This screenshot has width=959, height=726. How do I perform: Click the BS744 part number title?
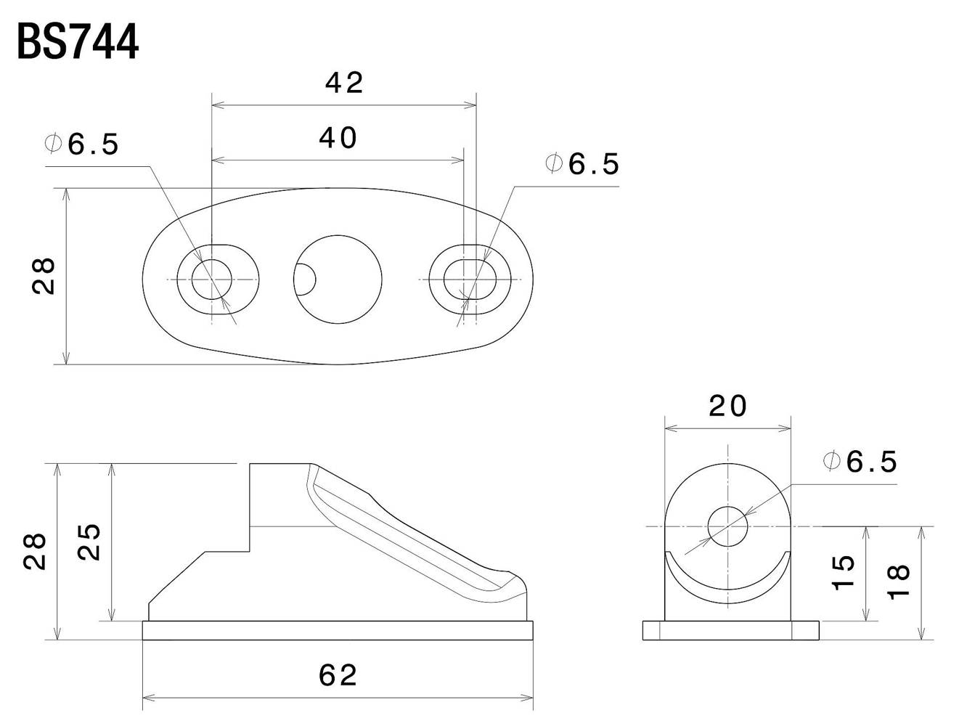78,41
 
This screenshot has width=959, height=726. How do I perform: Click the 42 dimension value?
344,83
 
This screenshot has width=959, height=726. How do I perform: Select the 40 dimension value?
338,138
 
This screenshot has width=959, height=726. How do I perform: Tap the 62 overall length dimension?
338,675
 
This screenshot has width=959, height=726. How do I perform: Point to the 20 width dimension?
728,406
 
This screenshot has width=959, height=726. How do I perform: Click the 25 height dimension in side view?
89,542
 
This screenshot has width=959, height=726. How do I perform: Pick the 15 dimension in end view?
843,573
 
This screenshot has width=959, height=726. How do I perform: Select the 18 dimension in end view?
899,582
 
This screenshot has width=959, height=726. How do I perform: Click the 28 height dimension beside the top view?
44,276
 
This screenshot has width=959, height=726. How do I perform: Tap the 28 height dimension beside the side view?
35,551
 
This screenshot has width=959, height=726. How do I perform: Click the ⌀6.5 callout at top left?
82,144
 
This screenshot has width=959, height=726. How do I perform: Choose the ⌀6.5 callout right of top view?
582,164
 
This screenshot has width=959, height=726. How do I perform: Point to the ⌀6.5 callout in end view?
860,461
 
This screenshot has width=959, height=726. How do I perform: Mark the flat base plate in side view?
338,630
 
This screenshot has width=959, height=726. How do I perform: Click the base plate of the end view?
730,630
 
